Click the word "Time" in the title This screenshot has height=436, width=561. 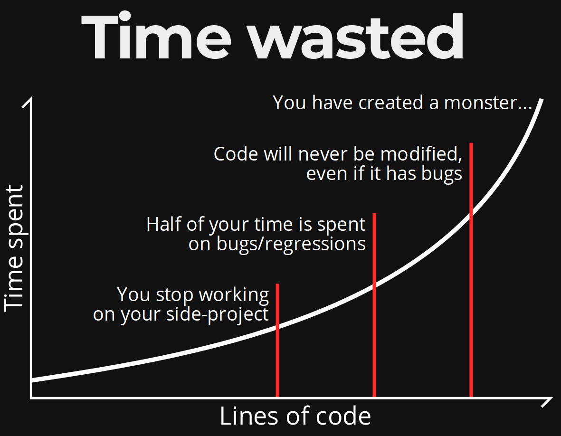[x=156, y=36]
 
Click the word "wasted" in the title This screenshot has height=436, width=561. [x=357, y=36]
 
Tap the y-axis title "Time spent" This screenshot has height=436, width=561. [x=14, y=248]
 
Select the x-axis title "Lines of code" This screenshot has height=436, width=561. [x=295, y=416]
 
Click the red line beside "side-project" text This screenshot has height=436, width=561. [x=277, y=340]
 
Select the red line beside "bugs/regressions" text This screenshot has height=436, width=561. [x=374, y=305]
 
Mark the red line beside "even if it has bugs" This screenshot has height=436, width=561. [x=471, y=270]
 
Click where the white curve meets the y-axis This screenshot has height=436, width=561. [x=32, y=380]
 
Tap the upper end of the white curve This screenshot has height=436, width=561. [x=542, y=100]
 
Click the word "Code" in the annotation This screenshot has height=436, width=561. [x=236, y=154]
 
